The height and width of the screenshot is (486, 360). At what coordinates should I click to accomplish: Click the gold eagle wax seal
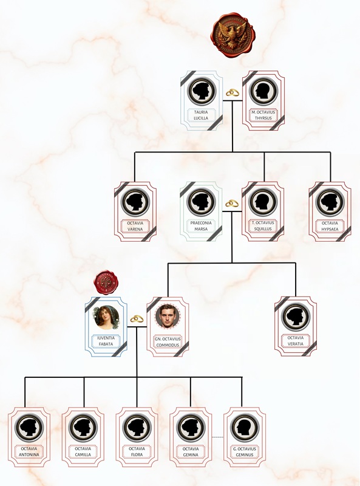tap(232, 35)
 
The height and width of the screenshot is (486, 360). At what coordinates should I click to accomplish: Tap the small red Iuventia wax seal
tap(106, 282)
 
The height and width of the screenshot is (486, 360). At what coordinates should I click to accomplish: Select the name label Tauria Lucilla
tap(201, 115)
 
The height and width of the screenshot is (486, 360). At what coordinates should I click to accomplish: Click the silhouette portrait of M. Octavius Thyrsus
tap(263, 91)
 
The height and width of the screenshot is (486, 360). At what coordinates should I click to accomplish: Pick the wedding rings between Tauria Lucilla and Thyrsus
tap(233, 92)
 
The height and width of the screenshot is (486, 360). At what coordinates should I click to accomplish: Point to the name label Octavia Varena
tap(135, 226)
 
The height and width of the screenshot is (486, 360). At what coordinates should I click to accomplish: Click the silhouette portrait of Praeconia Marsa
tap(201, 202)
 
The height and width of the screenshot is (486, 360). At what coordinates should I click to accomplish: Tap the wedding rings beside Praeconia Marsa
tap(232, 204)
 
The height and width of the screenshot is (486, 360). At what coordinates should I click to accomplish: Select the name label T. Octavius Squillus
tap(263, 225)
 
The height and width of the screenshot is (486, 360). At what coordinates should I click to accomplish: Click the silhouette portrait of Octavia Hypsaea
tap(330, 202)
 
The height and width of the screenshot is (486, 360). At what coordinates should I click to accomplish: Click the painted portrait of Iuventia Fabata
tap(106, 317)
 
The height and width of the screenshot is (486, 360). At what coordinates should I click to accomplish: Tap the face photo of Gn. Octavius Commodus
tap(168, 317)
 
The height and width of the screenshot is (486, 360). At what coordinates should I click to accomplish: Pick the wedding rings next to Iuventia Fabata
tap(137, 318)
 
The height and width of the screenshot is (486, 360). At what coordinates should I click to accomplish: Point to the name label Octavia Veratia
tap(296, 341)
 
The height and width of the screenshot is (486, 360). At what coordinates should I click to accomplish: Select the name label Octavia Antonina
tap(29, 451)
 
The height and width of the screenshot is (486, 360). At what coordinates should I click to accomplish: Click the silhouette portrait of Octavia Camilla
tap(83, 428)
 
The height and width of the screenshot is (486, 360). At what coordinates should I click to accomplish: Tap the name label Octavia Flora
tap(137, 451)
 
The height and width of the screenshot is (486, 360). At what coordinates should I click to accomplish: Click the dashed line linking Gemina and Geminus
tap(217, 437)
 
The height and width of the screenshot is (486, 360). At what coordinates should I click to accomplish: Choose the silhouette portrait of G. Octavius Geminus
tap(245, 428)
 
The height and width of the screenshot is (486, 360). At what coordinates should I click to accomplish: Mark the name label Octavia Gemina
tap(191, 451)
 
